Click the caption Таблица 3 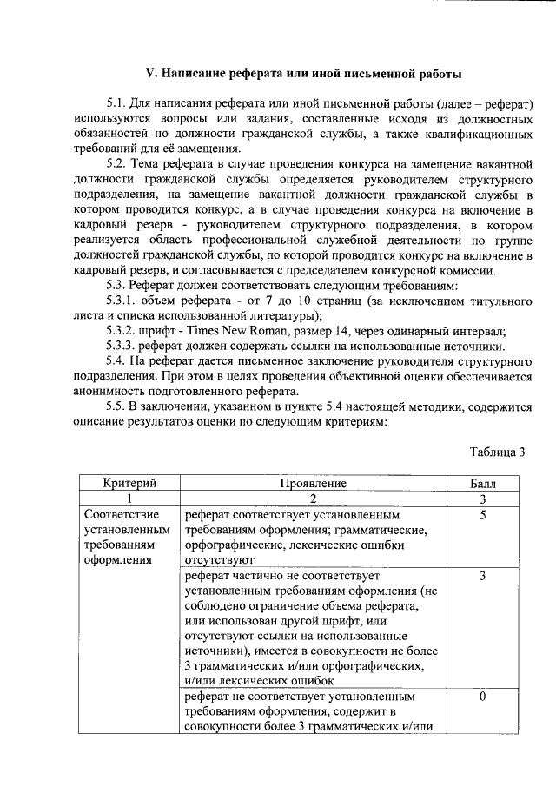coord(498,451)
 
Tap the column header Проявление coord(314,483)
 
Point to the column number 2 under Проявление coord(314,499)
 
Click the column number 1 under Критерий coord(129,499)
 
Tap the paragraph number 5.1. coord(117,104)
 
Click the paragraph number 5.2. coord(117,165)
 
